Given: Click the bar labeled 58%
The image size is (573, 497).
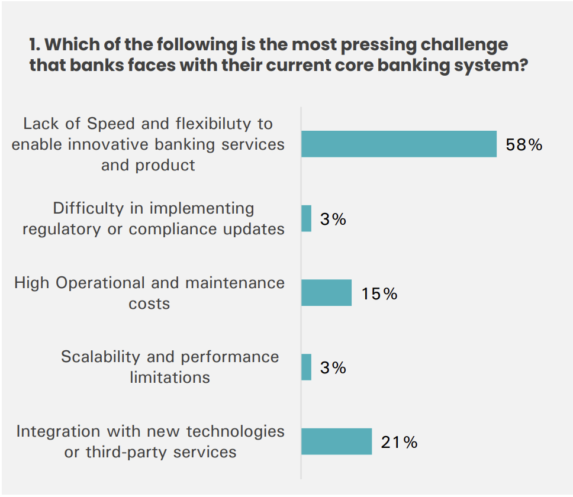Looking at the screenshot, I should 398,144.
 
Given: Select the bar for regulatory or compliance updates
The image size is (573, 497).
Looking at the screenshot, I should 306,218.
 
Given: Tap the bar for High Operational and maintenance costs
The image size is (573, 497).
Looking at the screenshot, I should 326,292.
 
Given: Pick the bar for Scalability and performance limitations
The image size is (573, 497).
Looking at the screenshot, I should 306,367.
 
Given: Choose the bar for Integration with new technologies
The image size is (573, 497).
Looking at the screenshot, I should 336,441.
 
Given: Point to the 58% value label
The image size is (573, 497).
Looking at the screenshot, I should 524,145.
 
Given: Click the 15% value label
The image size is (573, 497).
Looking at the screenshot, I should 379,293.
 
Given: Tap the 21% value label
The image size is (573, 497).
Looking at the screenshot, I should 399,442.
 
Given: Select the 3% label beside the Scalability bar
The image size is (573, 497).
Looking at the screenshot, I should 333,368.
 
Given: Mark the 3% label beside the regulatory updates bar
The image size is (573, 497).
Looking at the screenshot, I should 333,220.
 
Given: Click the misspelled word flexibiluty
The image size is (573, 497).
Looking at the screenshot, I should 215,124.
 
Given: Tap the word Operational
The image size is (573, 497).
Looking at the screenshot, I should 101,283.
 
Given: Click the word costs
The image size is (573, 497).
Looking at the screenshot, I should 149,304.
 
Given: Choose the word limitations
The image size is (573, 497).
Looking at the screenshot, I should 170,377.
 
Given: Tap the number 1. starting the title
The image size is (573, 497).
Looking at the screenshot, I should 34,45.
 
